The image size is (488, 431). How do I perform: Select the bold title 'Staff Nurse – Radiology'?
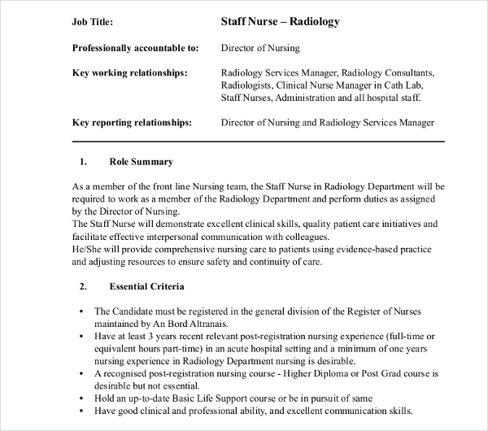tap(280, 23)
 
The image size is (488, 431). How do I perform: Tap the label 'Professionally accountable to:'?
tap(130, 48)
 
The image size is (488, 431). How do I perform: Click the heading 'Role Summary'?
tap(142, 162)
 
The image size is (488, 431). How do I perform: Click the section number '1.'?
tap(84, 162)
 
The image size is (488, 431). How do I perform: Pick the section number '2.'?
tap(84, 287)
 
